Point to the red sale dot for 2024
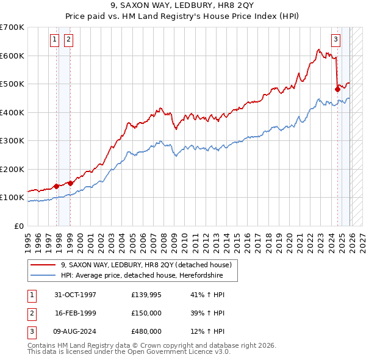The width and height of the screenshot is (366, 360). click(337, 89)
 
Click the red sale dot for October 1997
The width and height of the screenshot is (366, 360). click(57, 186)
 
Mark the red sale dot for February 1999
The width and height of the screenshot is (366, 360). click(70, 183)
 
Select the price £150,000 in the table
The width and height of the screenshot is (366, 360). click(146, 313)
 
